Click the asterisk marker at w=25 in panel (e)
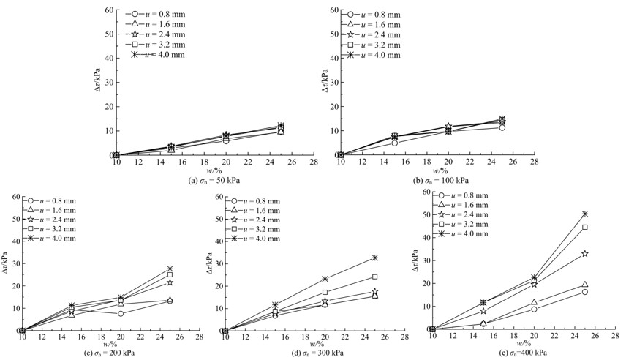[584, 214]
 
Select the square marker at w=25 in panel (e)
[584, 228]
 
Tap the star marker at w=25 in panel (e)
[584, 253]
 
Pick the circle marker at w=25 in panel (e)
[584, 292]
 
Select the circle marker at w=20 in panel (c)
[120, 313]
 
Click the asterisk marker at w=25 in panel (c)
[170, 269]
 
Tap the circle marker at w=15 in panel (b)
[394, 143]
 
